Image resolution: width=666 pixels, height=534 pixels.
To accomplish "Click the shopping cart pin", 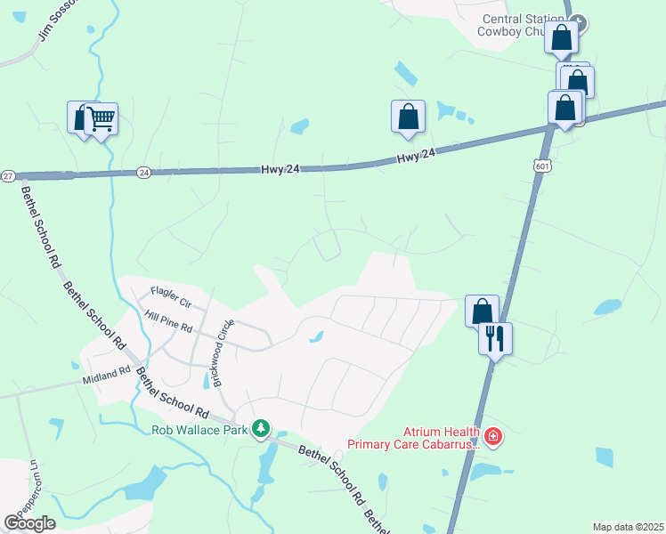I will pyautogui.click(x=101, y=118).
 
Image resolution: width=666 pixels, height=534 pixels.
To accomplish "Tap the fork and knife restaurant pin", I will pyautogui.click(x=495, y=338).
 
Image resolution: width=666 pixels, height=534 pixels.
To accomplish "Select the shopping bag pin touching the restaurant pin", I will pyautogui.click(x=482, y=311).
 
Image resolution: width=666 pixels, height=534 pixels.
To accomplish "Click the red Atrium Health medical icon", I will pyautogui.click(x=492, y=436).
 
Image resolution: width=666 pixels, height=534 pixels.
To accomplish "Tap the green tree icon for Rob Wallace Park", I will pyautogui.click(x=261, y=429).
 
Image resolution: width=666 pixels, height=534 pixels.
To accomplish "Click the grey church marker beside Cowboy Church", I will pyautogui.click(x=578, y=20).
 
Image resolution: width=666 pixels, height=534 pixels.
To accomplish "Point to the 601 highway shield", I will pyautogui.click(x=542, y=166).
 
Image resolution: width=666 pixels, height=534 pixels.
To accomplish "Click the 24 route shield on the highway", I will pyautogui.click(x=143, y=172).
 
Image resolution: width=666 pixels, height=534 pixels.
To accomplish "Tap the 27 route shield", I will pyautogui.click(x=7, y=175).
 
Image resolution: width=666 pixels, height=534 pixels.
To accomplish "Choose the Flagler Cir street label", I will pyautogui.click(x=171, y=291).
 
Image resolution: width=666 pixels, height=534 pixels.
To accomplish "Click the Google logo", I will pyautogui.click(x=29, y=522).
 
